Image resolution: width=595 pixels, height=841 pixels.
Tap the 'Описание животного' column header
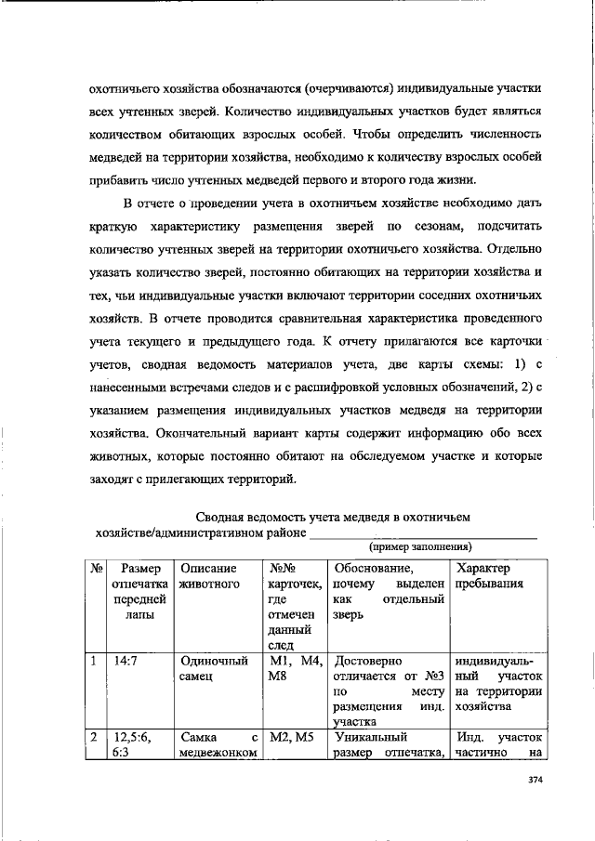(x=209, y=575)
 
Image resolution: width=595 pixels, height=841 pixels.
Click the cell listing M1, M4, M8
(x=295, y=670)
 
